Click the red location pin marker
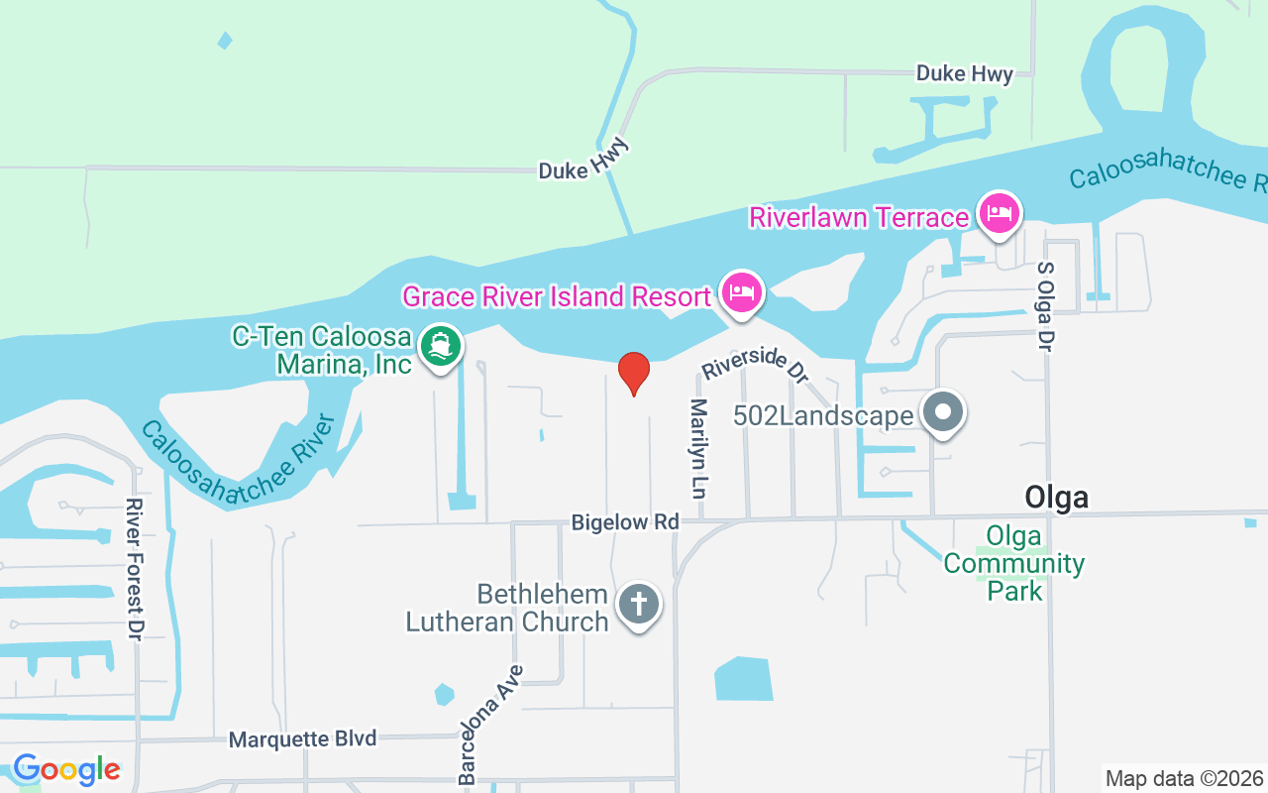coord(634,373)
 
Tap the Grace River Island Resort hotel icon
coord(742,291)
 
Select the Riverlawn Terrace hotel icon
coord(1000,213)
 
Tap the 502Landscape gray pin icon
coord(942,411)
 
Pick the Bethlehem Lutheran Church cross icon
coord(639,604)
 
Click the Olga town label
coord(1056,497)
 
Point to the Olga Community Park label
coord(1013,564)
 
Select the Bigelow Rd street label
coord(625,521)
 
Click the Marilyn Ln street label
coord(700,448)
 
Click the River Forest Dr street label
coord(134,569)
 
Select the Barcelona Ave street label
coord(489,725)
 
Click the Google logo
coord(66,769)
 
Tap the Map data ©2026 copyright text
coord(1184,778)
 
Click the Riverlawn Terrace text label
coord(858,217)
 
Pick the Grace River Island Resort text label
coord(556,296)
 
